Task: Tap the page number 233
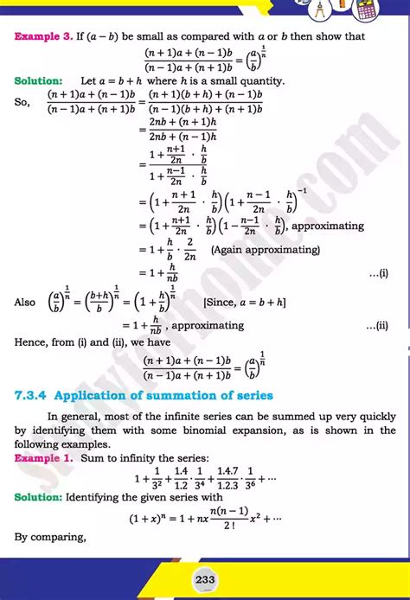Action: click(205, 579)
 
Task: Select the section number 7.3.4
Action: click(31, 396)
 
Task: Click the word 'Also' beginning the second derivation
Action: click(25, 301)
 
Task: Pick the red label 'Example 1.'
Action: click(42, 456)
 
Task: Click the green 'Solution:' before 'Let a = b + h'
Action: click(38, 80)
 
